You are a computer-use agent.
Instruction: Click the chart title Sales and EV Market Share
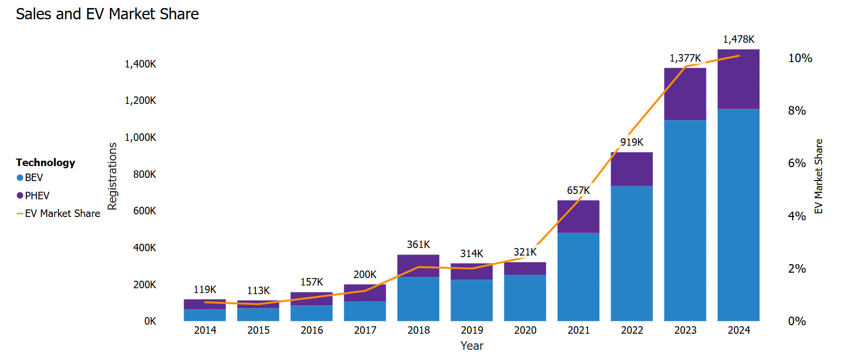point(107,14)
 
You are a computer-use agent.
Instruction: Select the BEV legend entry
point(33,178)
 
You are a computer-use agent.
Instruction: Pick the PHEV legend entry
point(36,196)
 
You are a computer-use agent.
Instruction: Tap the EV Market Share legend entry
point(62,214)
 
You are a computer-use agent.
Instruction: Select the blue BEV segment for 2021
point(578,276)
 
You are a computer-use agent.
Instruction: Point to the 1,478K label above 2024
point(739,40)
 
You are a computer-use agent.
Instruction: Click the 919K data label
point(632,142)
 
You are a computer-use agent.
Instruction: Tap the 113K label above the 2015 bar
point(258,291)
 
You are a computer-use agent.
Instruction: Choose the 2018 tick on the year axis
point(418,331)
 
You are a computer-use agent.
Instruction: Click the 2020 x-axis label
point(525,331)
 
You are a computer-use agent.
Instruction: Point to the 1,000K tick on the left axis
point(140,138)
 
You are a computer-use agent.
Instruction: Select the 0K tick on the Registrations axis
point(150,321)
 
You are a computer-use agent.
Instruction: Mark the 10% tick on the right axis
point(800,58)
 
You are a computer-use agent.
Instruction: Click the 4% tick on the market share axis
point(797,216)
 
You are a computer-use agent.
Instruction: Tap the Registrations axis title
point(112,176)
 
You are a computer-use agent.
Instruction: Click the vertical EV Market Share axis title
point(818,176)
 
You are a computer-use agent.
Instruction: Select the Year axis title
point(472,346)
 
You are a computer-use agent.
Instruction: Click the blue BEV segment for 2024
point(739,214)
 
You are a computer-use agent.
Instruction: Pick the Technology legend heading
point(46,163)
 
